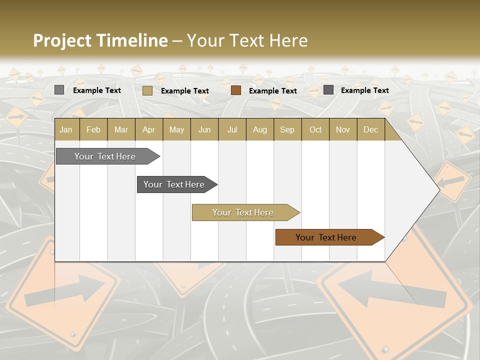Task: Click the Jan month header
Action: click(66, 130)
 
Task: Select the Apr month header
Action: click(148, 130)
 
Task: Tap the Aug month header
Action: click(259, 130)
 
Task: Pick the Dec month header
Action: click(370, 130)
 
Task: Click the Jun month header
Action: click(204, 130)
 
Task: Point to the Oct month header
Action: click(315, 130)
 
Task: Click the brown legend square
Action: click(236, 90)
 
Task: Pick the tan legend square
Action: click(147, 90)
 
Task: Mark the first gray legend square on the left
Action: click(59, 90)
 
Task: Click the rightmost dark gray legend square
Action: click(328, 90)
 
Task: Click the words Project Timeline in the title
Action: click(100, 40)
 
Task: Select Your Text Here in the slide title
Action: click(247, 40)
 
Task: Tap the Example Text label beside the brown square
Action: click(272, 91)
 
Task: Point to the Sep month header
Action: click(287, 130)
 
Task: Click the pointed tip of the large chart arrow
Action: click(438, 189)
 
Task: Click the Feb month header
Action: click(93, 130)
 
